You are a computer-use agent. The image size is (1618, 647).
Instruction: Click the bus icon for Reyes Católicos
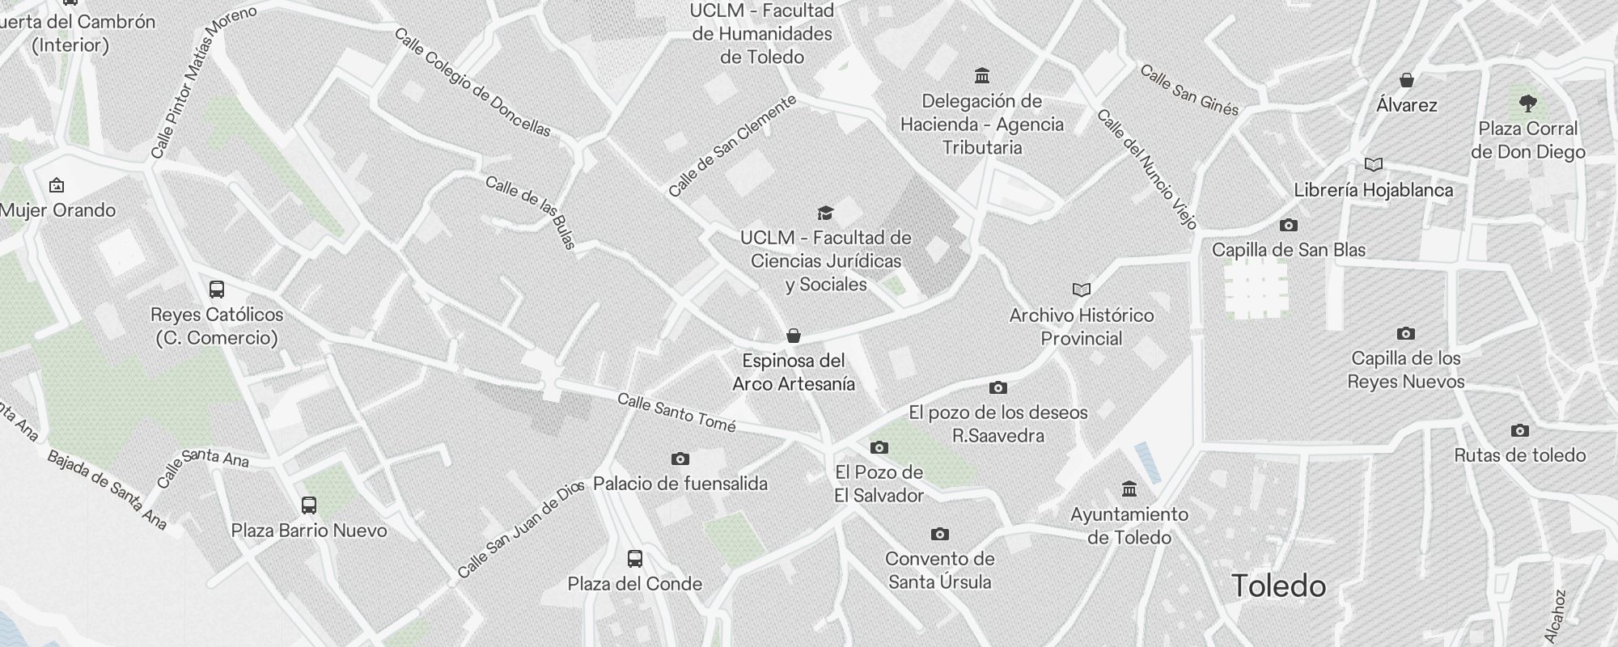[217, 290]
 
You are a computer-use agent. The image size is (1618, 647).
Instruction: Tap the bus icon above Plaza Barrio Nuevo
[309, 505]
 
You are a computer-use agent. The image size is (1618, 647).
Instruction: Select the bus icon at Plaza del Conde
[635, 558]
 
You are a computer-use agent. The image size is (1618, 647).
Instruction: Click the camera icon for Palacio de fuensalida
[680, 459]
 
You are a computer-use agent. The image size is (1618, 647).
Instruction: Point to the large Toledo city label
[1278, 586]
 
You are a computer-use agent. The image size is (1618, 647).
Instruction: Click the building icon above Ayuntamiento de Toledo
[1129, 488]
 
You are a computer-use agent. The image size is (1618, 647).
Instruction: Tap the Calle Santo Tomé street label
[676, 412]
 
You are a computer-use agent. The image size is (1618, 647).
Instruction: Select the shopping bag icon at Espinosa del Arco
[794, 336]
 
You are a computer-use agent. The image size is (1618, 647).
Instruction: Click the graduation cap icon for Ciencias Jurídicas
[825, 213]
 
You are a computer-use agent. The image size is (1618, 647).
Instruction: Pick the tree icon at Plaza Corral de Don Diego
[1527, 103]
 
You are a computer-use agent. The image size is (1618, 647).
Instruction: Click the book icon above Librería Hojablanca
[1373, 165]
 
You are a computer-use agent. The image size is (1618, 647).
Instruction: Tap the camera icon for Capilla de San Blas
[1289, 225]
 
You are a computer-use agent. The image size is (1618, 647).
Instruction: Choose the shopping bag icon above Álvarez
[1407, 79]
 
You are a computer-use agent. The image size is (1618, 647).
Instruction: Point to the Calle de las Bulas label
[531, 213]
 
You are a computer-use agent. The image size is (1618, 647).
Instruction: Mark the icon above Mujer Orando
[57, 185]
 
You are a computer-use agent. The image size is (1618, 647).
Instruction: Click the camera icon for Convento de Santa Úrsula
[939, 534]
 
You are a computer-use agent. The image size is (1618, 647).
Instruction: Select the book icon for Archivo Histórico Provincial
[1082, 290]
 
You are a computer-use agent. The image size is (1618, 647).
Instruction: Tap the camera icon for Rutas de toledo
[1520, 430]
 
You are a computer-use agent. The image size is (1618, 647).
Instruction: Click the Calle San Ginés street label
[1189, 91]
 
